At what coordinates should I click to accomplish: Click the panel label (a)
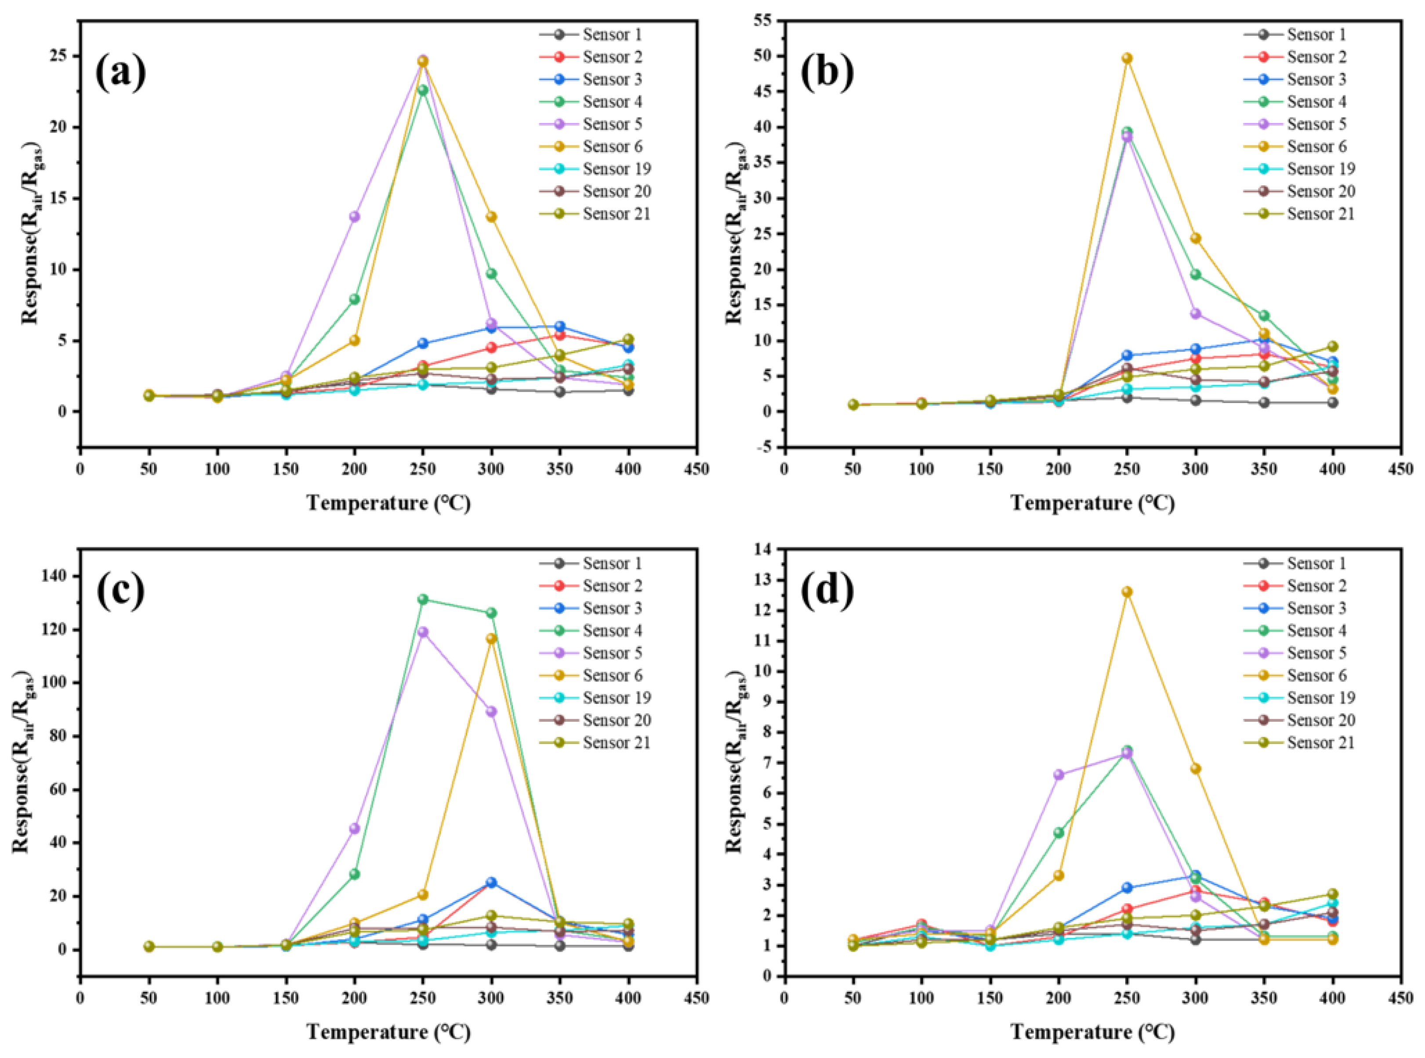pos(120,73)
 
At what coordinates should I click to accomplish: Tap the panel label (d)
pos(827,590)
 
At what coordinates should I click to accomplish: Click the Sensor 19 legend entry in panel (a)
pos(616,169)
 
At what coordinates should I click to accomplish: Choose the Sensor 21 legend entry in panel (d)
pos(1320,743)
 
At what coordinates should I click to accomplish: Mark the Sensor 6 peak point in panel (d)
pos(1127,592)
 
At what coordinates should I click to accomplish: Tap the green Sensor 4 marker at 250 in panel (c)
pos(423,600)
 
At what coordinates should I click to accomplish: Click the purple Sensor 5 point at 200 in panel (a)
pos(354,216)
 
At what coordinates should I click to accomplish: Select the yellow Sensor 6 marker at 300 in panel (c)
pos(491,639)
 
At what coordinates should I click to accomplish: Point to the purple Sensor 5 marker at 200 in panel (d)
pos(1058,774)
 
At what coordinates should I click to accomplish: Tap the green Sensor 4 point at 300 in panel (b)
pos(1195,275)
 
